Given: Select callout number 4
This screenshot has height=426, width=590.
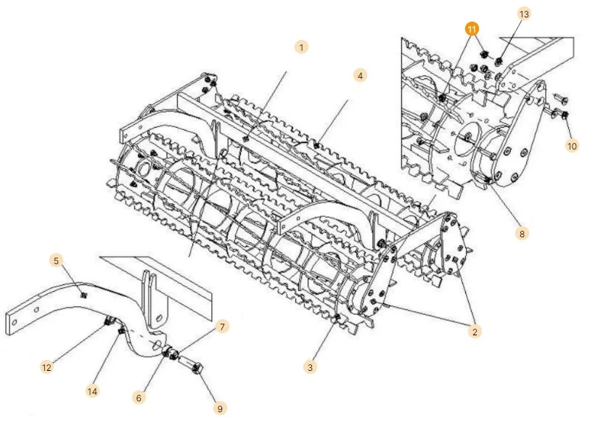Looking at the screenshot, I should click(359, 75).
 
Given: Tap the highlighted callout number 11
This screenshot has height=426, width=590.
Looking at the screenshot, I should click(472, 30).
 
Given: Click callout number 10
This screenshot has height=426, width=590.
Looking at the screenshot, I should click(572, 145).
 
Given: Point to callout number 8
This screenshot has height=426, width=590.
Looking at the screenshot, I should click(522, 234).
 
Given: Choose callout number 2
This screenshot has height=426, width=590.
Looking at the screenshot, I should click(475, 332).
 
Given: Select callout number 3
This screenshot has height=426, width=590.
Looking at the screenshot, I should click(310, 367).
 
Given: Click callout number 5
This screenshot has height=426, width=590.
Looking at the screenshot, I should click(56, 260).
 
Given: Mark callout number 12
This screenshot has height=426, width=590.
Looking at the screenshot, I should click(46, 367).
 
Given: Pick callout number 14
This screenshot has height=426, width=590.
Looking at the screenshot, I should click(92, 391).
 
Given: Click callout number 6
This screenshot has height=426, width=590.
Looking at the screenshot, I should click(139, 397).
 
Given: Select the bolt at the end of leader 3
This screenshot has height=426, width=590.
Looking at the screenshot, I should click(336, 319).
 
